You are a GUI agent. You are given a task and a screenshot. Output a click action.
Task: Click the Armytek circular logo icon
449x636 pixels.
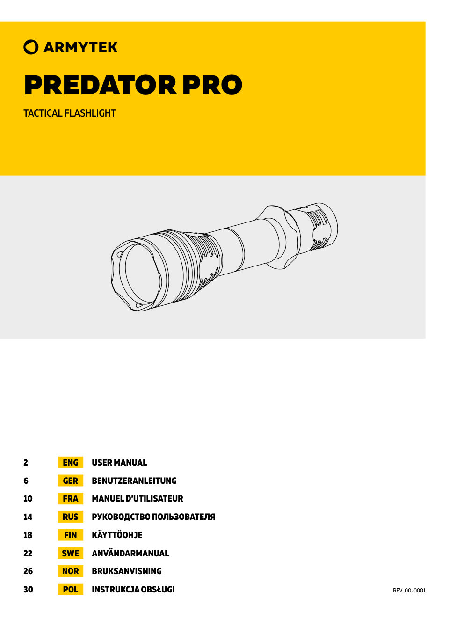click(31, 47)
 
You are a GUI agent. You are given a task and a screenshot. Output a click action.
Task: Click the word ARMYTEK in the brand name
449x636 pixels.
click(80, 47)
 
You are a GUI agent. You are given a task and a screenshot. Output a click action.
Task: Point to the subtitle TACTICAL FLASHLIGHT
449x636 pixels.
click(70, 113)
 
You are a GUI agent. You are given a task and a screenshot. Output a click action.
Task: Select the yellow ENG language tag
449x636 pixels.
click(70, 463)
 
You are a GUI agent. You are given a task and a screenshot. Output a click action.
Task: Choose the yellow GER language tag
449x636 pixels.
click(70, 481)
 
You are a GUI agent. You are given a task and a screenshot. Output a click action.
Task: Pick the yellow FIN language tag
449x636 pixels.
click(70, 535)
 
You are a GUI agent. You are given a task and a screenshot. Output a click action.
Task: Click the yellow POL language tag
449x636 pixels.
click(70, 590)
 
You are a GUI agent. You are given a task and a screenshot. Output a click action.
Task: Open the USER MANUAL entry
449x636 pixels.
click(119, 463)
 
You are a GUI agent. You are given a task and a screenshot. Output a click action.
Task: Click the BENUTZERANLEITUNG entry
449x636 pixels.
click(134, 481)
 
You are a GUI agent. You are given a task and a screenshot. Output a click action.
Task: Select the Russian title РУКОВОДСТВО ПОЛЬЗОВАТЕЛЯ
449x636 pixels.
click(153, 517)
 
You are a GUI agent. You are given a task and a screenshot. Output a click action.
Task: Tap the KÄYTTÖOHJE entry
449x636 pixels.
click(117, 535)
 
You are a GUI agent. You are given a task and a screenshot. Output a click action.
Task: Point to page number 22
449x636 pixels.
click(28, 554)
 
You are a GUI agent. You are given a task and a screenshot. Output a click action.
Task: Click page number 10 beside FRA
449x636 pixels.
click(28, 499)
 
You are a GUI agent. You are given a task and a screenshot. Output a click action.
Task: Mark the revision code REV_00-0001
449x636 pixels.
click(409, 591)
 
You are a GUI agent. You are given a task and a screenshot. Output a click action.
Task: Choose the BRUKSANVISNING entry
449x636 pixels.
click(127, 571)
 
